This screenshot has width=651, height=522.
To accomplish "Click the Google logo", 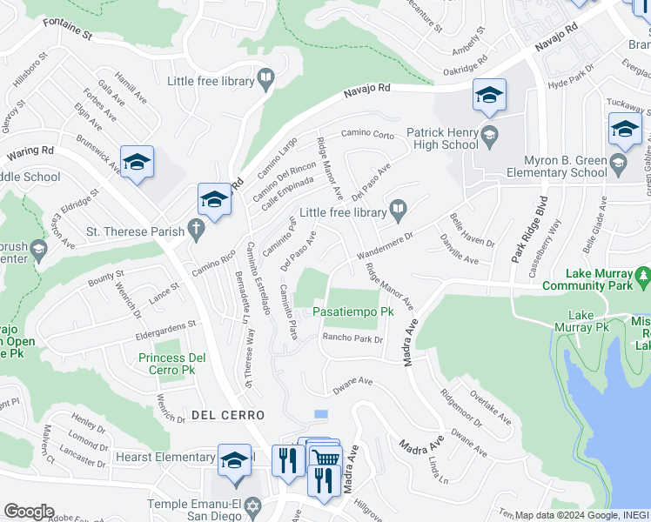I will (29, 512).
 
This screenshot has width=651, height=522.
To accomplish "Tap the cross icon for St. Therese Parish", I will (197, 232).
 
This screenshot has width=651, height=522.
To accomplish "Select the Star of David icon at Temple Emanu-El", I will (254, 505).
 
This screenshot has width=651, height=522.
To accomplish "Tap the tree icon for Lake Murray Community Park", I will (643, 278).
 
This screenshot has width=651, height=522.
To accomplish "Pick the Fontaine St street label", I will (68, 34).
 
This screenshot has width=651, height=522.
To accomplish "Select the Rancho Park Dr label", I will (352, 338).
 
